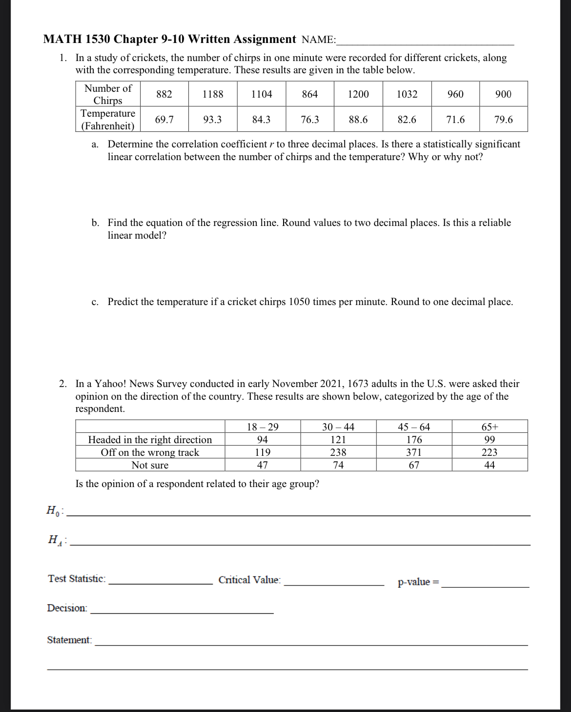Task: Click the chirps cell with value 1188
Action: pyautogui.click(x=213, y=94)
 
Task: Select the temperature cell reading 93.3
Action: pyautogui.click(x=212, y=120)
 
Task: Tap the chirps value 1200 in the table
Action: pyautogui.click(x=358, y=94)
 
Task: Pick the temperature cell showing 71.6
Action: pyautogui.click(x=455, y=120)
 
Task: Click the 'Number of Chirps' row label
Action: pyautogui.click(x=108, y=94)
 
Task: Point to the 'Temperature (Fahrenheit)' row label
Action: pyautogui.click(x=108, y=120)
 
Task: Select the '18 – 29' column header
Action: pyautogui.click(x=263, y=427)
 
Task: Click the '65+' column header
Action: pyautogui.click(x=489, y=427)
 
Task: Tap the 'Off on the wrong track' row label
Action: pyautogui.click(x=150, y=452)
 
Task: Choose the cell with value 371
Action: pyautogui.click(x=414, y=452)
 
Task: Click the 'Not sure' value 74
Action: pyautogui.click(x=338, y=465)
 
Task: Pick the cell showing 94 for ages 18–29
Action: pyautogui.click(x=263, y=440)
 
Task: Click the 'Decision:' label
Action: pyautogui.click(x=67, y=608)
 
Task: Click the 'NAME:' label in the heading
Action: pyautogui.click(x=319, y=40)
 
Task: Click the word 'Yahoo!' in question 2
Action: pyautogui.click(x=110, y=384)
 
